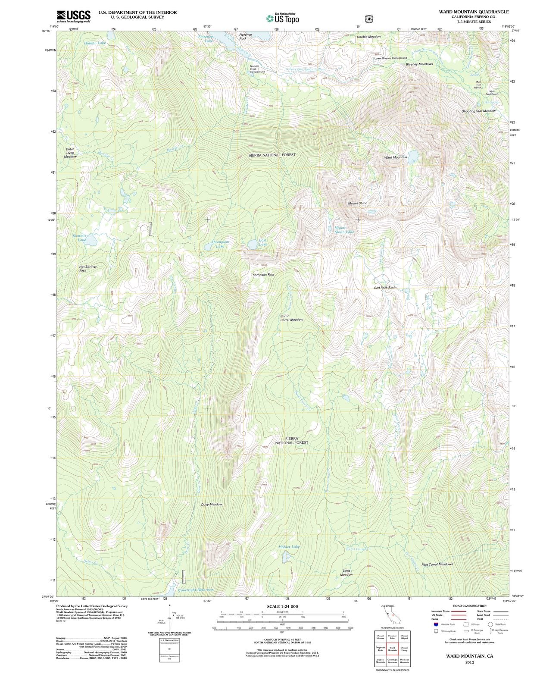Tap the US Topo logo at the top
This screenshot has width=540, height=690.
[282, 18]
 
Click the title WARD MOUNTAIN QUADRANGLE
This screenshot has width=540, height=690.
[473, 12]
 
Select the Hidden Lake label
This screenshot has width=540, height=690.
[95, 43]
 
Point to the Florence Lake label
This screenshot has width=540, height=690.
[206, 39]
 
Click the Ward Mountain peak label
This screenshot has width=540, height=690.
[395, 157]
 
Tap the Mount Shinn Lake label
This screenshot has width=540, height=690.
[344, 230]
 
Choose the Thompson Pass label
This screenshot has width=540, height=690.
[262, 275]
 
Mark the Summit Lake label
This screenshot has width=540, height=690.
[79, 238]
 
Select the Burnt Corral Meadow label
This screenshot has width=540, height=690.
[291, 318]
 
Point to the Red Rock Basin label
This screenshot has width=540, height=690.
[385, 288]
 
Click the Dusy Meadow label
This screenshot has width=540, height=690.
[212, 504]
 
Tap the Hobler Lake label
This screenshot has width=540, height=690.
[289, 547]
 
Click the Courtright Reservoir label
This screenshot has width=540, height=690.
[196, 590]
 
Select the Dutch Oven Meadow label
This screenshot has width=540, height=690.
[70, 153]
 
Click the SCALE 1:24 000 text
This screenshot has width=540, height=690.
[282, 606]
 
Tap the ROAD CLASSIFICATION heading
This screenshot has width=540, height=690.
[470, 606]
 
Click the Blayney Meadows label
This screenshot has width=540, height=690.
[419, 64]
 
